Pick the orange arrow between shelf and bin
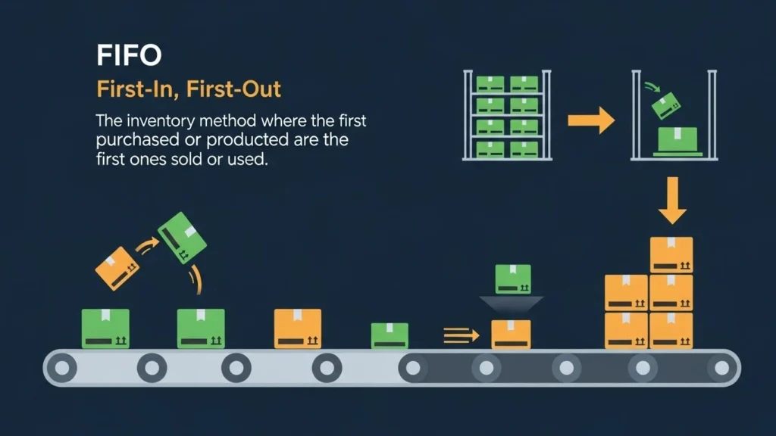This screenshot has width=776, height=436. tap(591, 120)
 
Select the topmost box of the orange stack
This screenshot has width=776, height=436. tap(671, 254)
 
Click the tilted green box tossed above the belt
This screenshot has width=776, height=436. tap(182, 236)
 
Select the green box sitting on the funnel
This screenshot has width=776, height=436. tap(513, 279)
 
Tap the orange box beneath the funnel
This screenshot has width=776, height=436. tap(512, 334)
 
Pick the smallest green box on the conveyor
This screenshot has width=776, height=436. tap(390, 335)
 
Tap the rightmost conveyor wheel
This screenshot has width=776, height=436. tap(720, 368)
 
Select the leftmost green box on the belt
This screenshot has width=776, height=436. tap(105, 329)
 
